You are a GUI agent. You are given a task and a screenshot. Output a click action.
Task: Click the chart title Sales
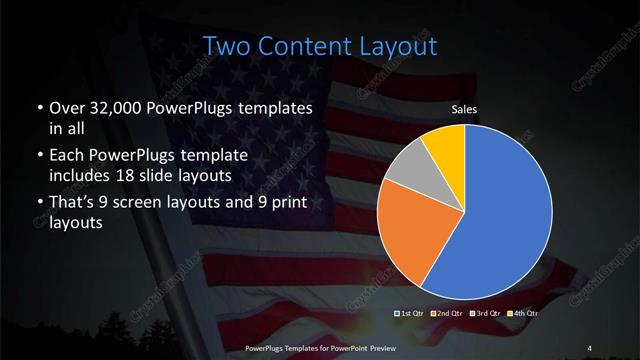463,110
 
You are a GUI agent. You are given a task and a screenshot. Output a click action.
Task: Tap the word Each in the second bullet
66,155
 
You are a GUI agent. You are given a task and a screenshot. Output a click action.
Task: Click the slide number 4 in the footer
589,347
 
